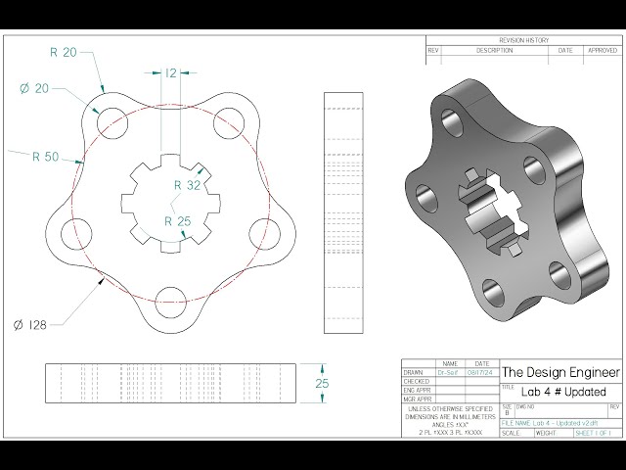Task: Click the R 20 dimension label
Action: [x=64, y=52]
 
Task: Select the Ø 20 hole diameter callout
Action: [x=34, y=89]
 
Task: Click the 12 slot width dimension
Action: [x=170, y=72]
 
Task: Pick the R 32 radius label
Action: [x=187, y=184]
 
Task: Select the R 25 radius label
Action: [x=178, y=221]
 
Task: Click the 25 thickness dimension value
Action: [x=321, y=384]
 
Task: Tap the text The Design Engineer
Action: [x=560, y=372]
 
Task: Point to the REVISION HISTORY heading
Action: [x=524, y=41]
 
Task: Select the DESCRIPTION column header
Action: [x=494, y=49]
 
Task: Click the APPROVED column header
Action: [x=601, y=49]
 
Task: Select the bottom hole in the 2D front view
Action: [x=170, y=299]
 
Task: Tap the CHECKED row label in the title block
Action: [x=417, y=381]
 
